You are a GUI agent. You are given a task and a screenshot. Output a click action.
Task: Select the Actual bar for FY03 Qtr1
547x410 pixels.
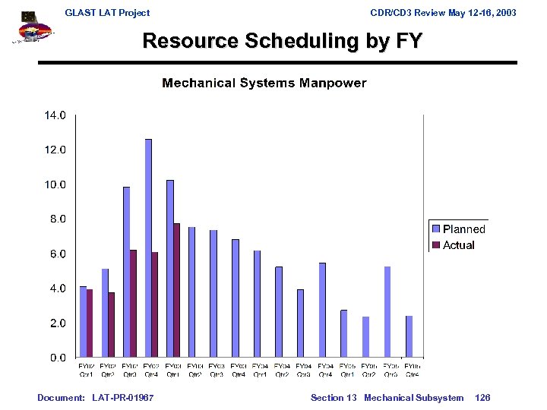[x=176, y=290]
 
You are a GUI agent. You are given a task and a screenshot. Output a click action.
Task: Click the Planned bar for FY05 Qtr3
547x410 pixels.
[x=387, y=311]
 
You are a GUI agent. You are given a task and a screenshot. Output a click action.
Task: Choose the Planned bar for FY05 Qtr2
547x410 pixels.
[x=365, y=336]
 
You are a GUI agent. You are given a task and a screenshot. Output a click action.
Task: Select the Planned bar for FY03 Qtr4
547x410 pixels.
[x=236, y=298]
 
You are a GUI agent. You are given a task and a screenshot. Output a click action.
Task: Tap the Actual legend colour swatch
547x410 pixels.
[x=436, y=245]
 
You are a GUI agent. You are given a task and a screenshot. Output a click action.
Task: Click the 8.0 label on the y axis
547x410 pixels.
[x=58, y=219]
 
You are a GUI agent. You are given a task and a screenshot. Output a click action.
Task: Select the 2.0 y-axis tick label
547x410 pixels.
[x=58, y=323]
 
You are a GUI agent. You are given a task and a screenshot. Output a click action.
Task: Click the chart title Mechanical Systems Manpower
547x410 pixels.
[x=264, y=83]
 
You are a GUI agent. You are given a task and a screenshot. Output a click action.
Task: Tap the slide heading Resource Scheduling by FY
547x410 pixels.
[x=282, y=40]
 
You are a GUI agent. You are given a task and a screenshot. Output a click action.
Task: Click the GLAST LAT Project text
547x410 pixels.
[x=107, y=13]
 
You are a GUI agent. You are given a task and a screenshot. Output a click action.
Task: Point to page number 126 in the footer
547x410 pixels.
[x=482, y=398]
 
